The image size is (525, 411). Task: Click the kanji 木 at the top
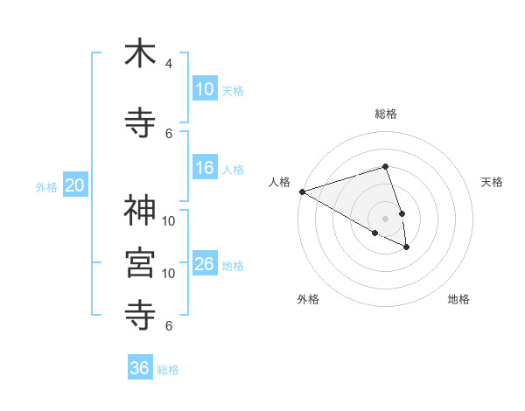click(x=140, y=53)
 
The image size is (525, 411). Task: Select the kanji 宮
click(x=140, y=261)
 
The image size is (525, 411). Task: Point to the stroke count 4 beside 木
click(x=169, y=64)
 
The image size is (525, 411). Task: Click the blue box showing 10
click(x=204, y=89)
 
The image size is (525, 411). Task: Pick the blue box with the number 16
click(x=204, y=168)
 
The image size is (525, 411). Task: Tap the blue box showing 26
click(x=204, y=264)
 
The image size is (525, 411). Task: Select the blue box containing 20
click(x=74, y=185)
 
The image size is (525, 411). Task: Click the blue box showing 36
click(x=140, y=368)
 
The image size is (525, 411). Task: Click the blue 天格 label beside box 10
click(x=232, y=90)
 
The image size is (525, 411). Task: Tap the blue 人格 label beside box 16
click(x=232, y=169)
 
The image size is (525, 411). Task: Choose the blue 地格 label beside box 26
click(x=232, y=265)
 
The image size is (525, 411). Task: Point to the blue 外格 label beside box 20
click(x=46, y=186)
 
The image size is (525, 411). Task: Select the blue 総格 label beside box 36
click(x=168, y=369)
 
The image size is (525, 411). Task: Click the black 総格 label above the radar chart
click(x=385, y=114)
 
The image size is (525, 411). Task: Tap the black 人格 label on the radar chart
click(x=280, y=182)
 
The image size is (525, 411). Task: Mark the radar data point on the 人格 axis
click(x=302, y=191)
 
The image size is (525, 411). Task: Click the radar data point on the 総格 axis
click(x=385, y=166)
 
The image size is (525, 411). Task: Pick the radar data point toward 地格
click(x=407, y=247)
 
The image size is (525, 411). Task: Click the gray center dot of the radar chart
click(x=385, y=217)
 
